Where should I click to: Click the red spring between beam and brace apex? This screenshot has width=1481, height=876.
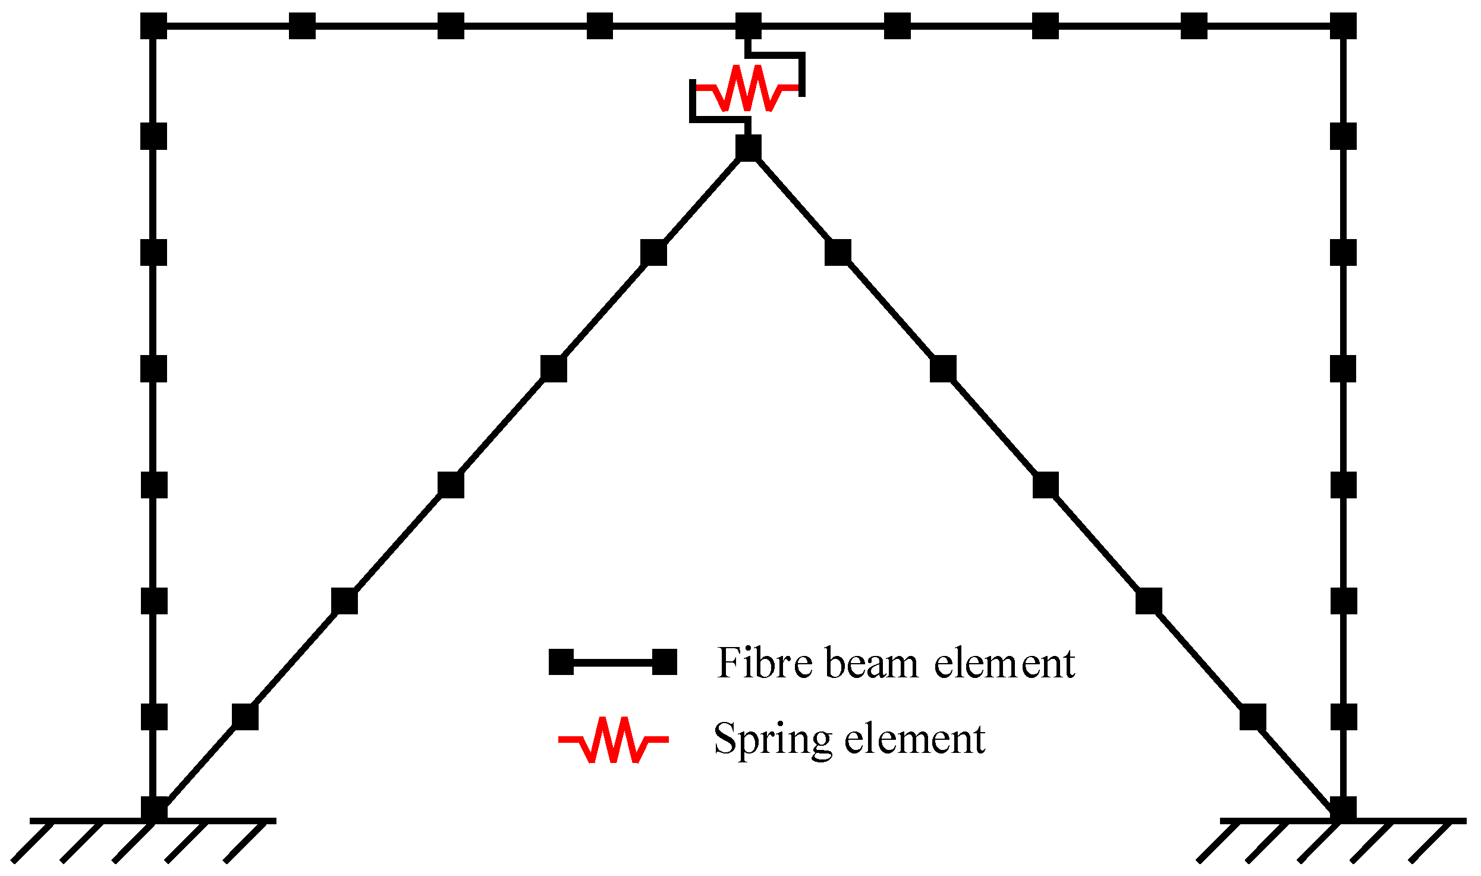coord(747,88)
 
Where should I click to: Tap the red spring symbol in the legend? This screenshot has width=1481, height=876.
coord(613,740)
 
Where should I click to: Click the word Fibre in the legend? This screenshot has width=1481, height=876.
coord(765,663)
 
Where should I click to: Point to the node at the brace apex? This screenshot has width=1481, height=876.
coord(748,147)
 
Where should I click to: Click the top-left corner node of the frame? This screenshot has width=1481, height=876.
coord(153,26)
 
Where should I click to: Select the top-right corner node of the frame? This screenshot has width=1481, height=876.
coord(1343,26)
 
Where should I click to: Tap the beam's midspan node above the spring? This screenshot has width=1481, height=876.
coord(748,26)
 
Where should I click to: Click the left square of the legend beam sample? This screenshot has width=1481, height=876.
coord(561,662)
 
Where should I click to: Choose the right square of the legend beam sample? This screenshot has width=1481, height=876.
coord(664,662)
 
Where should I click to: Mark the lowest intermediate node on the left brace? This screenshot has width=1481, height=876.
coord(245,717)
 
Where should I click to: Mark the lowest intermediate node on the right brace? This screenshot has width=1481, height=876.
coord(1253,717)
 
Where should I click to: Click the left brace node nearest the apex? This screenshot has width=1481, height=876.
coord(653,253)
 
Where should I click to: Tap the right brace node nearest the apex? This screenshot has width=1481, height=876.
coord(838,253)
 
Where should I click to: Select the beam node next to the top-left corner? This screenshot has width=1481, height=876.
coord(302,26)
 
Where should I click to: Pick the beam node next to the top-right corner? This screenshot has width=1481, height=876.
coord(1194,26)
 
